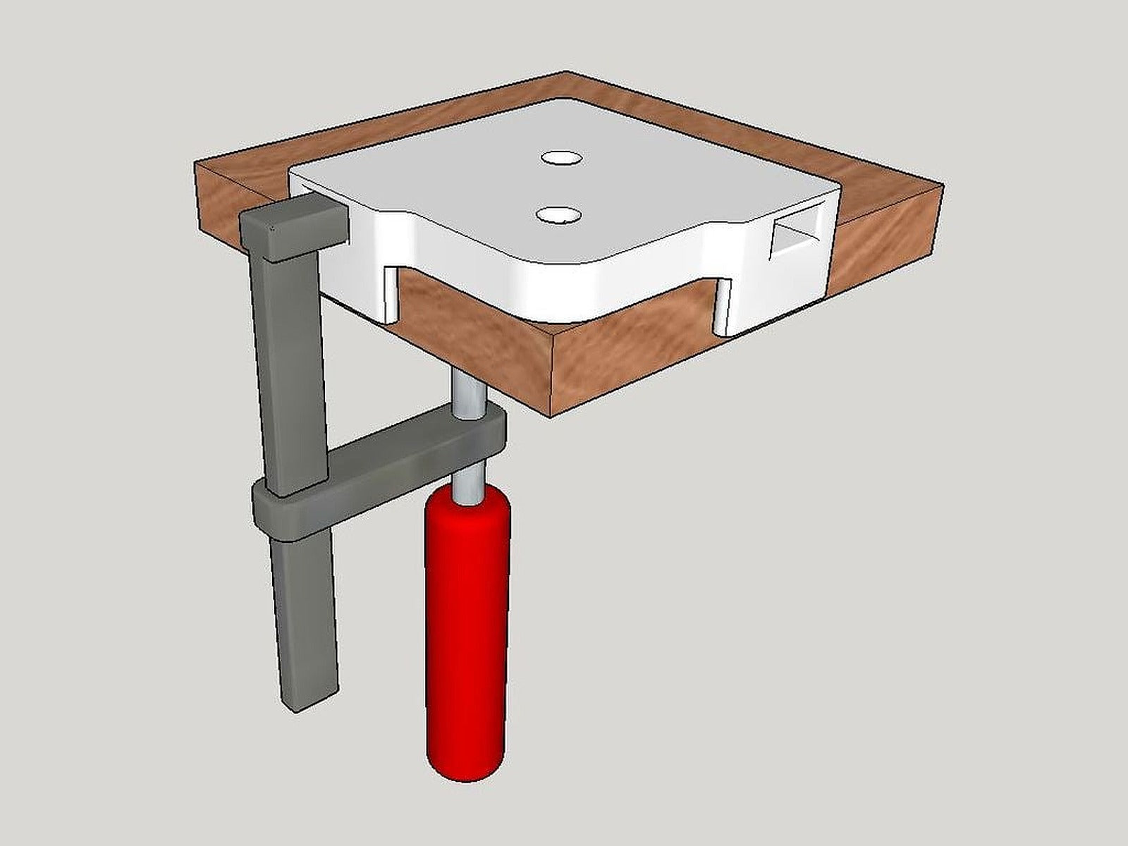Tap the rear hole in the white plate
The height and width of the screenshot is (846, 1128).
(562, 158)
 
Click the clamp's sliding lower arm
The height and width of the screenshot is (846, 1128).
(409, 451)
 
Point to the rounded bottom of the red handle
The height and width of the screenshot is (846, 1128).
(466, 765)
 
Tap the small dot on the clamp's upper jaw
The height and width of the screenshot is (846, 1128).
(273, 227)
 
